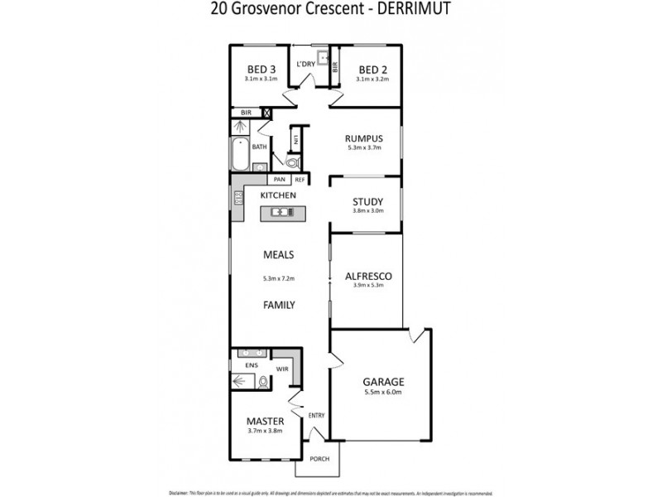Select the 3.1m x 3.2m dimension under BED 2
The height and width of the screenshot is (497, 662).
(x=371, y=79)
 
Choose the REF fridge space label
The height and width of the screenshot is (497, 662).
(x=299, y=179)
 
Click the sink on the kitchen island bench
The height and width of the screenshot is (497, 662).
(x=282, y=213)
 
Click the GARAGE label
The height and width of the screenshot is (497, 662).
(x=383, y=382)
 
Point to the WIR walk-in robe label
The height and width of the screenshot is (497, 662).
(x=281, y=370)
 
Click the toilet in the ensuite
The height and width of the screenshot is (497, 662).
(x=263, y=382)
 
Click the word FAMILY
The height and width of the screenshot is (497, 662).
(x=279, y=305)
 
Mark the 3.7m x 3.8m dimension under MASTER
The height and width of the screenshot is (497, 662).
(x=264, y=431)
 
